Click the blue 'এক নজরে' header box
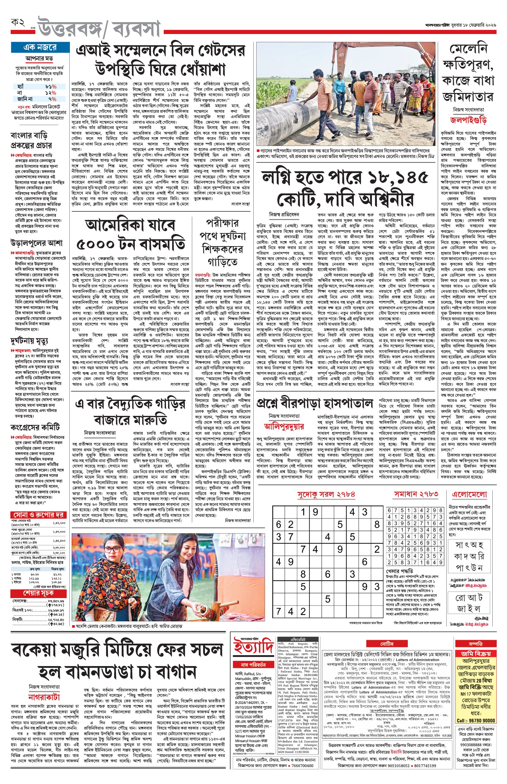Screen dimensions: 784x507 pyautogui.click(x=40, y=47)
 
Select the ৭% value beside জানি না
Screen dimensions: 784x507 pyautogui.click(x=52, y=99)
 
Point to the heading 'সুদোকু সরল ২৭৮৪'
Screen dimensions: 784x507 pyautogui.click(x=326, y=494)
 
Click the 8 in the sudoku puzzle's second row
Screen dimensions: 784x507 pyautogui.click(x=377, y=524)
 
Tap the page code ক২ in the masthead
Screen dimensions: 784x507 pyautogui.click(x=18, y=23)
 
